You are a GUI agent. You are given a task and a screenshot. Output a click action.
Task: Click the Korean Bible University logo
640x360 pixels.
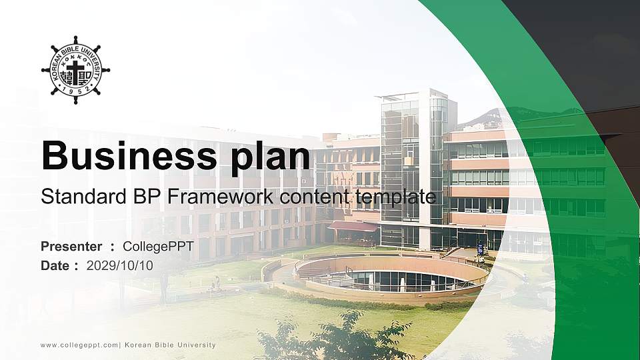(x=75, y=70)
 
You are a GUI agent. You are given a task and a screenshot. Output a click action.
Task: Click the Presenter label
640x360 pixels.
(x=71, y=247)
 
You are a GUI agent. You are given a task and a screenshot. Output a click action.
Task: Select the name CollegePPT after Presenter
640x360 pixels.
(x=158, y=247)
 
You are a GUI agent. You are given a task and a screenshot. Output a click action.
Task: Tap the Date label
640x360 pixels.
(x=55, y=265)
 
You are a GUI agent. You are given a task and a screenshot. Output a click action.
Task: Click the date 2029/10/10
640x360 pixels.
(x=120, y=265)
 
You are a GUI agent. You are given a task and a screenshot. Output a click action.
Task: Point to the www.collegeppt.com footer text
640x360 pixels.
(x=79, y=345)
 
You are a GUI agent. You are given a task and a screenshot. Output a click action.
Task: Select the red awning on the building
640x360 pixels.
(x=353, y=227)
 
